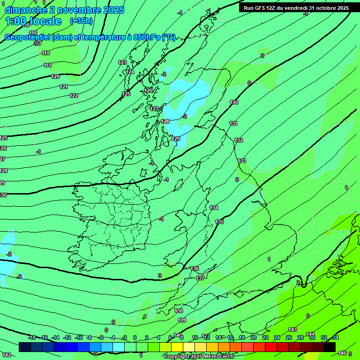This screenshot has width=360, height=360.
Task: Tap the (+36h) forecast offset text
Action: pyautogui.click(x=81, y=21)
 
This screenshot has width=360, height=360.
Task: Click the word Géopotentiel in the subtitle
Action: pyautogui.click(x=27, y=37)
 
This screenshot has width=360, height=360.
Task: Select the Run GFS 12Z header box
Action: pyautogui.click(x=296, y=7)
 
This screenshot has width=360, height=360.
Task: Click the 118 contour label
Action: pyautogui.click(x=46, y=53)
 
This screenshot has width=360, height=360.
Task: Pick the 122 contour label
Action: pyautogui.click(x=74, y=96)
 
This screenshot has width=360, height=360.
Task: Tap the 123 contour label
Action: pyautogui.click(x=122, y=62)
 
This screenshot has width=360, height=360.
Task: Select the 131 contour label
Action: pyautogui.click(x=233, y=123)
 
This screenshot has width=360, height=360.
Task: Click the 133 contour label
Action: pyautogui.click(x=242, y=161)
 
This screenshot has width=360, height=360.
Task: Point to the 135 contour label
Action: pyautogui.click(x=219, y=222)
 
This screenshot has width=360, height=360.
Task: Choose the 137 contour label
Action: pyautogui.click(x=200, y=278)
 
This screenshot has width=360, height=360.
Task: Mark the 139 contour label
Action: pyautogui.click(x=182, y=320)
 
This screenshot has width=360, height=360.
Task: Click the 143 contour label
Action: pyautogui.click(x=292, y=330)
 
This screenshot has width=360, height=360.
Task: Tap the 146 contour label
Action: pyautogui.click(x=342, y=353)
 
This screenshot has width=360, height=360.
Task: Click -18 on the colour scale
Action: pyautogui.click(x=32, y=337)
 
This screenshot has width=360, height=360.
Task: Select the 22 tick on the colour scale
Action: pyautogui.click(x=265, y=337)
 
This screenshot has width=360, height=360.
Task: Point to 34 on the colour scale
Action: pyautogui.click(x=335, y=337)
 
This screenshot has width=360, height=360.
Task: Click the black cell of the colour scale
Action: pyautogui.click(x=330, y=347)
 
